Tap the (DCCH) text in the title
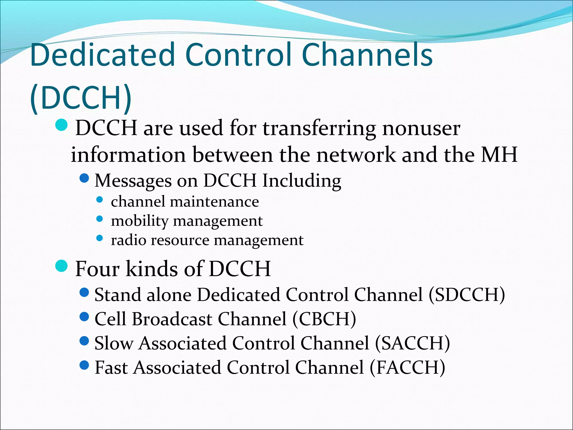click(x=81, y=97)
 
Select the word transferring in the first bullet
click(x=319, y=129)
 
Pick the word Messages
click(x=133, y=181)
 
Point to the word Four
click(x=97, y=269)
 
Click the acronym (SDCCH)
click(x=467, y=295)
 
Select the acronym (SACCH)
click(x=412, y=343)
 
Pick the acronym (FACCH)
click(x=407, y=368)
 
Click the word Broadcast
click(x=172, y=319)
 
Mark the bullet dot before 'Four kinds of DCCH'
click(x=62, y=266)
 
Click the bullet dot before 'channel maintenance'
click(x=100, y=200)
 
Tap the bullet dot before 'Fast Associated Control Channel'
click(x=84, y=365)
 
